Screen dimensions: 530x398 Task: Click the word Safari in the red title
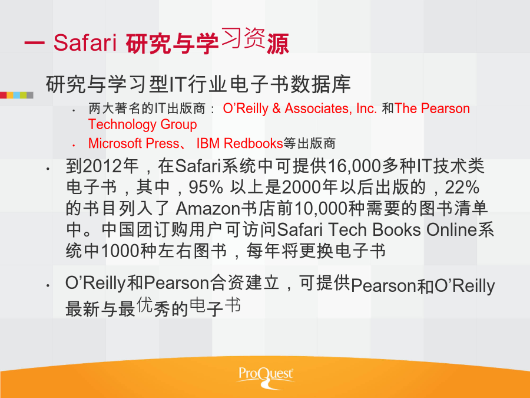[x=85, y=43]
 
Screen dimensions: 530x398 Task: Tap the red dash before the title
[x=34, y=43]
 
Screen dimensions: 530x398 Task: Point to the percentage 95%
[x=206, y=187]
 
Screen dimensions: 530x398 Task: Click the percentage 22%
[x=462, y=187]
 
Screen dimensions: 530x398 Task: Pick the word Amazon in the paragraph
[x=207, y=209]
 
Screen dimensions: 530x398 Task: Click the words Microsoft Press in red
[x=134, y=143]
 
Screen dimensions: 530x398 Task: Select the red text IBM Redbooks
[x=239, y=143]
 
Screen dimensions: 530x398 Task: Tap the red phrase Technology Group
[x=143, y=124]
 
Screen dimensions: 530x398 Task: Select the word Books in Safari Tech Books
[x=396, y=229]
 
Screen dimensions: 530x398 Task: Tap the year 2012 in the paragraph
[x=102, y=166]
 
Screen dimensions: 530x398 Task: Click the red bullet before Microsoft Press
[x=74, y=146]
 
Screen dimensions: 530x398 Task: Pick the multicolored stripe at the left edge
[x=16, y=95]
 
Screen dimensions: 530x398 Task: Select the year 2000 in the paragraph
[x=301, y=187]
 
